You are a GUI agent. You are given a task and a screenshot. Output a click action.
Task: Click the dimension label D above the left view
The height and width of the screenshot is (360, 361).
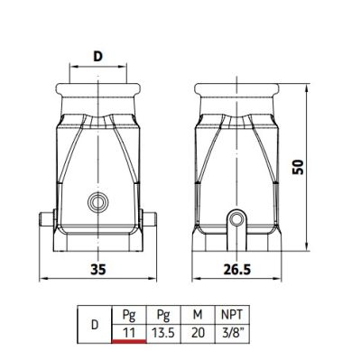[97, 56]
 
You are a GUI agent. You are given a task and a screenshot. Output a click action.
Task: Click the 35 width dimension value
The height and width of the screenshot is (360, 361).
[98, 270]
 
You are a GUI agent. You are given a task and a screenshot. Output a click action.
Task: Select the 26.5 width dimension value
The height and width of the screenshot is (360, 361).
[237, 270]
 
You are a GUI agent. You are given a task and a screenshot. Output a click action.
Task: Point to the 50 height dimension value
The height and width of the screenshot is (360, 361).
[299, 167]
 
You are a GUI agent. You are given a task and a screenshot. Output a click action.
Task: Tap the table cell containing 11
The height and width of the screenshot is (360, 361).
[129, 333]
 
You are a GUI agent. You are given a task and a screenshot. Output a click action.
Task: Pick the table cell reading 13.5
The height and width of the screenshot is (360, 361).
[163, 333]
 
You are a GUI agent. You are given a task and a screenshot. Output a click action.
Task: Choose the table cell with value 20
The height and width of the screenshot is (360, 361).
[198, 333]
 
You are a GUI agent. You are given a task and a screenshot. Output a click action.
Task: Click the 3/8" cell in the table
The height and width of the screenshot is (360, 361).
[232, 333]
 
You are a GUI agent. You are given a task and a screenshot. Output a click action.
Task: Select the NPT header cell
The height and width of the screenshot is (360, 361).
[232, 315]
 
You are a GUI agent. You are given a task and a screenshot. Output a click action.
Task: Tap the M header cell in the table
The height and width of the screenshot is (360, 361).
[198, 315]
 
